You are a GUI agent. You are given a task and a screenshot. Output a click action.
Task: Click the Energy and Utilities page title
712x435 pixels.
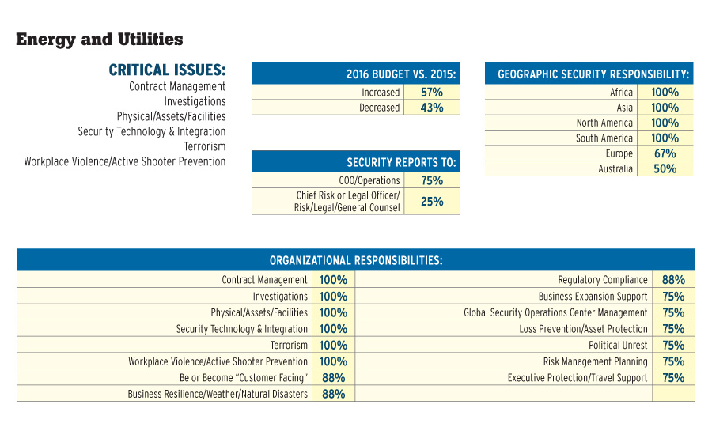(100, 39)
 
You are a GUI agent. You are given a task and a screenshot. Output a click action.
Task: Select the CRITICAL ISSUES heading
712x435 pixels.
(167, 70)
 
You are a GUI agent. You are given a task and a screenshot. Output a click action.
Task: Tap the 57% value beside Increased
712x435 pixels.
(431, 93)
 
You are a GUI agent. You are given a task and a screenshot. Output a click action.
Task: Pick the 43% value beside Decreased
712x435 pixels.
(431, 108)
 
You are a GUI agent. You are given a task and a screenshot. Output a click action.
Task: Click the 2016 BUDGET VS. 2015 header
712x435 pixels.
(401, 75)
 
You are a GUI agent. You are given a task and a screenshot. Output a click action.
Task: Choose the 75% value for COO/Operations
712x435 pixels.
(431, 180)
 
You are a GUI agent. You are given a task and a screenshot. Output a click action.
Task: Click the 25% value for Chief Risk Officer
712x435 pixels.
(431, 202)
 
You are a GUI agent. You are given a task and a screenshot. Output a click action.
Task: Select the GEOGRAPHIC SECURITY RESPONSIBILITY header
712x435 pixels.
(593, 75)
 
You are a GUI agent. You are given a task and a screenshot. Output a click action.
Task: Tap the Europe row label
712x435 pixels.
(619, 153)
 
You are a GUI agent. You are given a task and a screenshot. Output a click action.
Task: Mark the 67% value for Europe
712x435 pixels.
(665, 153)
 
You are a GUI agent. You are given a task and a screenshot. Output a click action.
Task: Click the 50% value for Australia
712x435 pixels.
(665, 168)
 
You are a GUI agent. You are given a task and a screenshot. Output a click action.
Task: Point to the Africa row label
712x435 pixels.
(621, 93)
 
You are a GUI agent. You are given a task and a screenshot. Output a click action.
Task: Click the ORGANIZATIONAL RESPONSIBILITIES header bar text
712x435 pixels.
(355, 260)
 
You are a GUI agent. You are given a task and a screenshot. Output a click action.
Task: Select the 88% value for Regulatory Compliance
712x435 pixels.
(673, 280)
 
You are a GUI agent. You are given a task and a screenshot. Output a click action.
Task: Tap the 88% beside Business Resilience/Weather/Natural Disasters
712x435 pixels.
(333, 394)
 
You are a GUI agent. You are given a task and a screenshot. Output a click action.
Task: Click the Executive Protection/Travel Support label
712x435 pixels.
(578, 378)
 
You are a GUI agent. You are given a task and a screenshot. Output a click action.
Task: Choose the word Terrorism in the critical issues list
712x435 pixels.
(205, 146)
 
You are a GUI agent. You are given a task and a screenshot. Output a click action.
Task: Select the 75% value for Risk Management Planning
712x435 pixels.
(673, 361)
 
